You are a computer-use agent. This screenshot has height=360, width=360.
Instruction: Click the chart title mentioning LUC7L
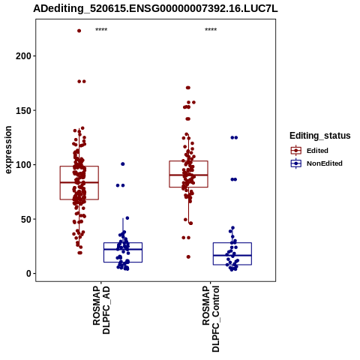tap(155, 9)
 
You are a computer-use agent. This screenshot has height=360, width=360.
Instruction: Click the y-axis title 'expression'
tap(8, 150)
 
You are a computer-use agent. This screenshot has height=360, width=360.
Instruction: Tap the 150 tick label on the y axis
tap(24, 110)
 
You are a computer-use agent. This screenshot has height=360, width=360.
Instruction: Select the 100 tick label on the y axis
tap(24, 165)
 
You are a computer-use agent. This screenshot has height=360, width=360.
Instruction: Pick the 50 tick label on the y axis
tap(26, 219)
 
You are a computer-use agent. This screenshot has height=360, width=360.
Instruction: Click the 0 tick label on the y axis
tap(29, 274)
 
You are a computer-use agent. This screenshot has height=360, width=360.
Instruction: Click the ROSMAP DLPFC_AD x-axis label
tap(101, 310)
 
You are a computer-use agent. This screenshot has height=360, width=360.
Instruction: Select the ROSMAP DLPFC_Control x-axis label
tap(211, 319)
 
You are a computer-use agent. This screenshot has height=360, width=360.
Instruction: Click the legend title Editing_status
tap(320, 136)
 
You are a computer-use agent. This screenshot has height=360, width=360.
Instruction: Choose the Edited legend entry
tap(310, 151)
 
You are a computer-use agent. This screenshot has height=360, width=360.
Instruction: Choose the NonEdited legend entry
tap(316, 163)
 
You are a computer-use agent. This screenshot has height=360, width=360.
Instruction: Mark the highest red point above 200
tap(79, 31)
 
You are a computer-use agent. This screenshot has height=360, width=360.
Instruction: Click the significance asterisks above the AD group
tap(101, 30)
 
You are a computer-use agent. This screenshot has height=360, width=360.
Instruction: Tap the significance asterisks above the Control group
tap(211, 30)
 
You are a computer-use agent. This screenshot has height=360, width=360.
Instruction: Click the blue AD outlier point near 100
tap(123, 164)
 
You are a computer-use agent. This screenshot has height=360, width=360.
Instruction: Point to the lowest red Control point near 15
tap(188, 256)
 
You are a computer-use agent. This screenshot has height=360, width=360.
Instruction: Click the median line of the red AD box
tap(79, 182)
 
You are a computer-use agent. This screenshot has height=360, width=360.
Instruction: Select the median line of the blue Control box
tap(232, 255)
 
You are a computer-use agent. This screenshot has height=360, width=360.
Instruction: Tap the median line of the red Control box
tap(188, 175)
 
